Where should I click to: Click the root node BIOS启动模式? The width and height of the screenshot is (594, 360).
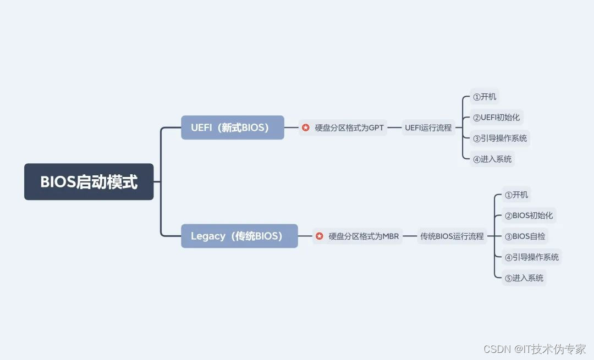[x=89, y=182]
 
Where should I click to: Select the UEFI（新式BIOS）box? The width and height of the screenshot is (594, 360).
[x=232, y=128]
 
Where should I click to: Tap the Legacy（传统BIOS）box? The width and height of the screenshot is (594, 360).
[x=239, y=236]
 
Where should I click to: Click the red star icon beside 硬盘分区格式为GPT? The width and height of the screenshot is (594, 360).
[x=306, y=128]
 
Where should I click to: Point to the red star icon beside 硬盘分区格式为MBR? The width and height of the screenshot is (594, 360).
[x=320, y=236]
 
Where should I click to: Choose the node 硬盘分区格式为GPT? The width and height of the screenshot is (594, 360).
[x=349, y=128]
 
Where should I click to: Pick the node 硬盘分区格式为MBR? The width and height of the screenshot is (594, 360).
[x=364, y=236]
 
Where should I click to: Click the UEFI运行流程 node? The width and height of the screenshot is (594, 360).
[x=428, y=128]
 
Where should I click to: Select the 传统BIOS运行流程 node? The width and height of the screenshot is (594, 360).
[x=452, y=236]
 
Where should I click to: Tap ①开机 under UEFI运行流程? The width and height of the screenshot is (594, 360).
[x=485, y=97]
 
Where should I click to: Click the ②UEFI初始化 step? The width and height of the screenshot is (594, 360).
[x=496, y=118]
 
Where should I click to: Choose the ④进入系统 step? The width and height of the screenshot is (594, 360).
[x=492, y=159]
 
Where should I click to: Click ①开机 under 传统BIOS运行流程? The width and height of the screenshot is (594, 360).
[x=516, y=195]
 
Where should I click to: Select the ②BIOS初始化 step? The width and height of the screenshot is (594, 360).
[x=529, y=216]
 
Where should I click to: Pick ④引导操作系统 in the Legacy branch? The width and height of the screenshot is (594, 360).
[x=532, y=257]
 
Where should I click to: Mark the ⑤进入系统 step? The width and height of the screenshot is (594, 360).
[x=524, y=278]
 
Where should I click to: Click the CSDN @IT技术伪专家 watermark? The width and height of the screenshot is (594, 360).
[x=535, y=349]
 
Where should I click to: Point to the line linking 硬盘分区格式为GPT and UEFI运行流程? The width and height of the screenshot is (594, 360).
[x=394, y=128]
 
